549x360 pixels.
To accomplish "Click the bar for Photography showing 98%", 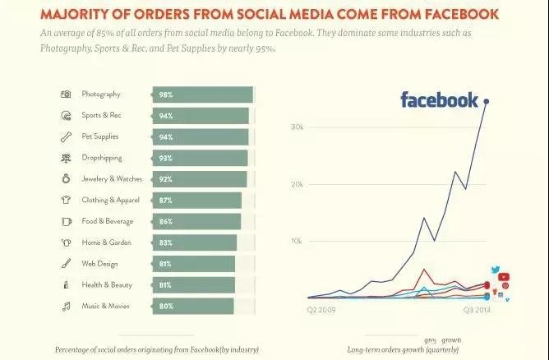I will [x=202, y=95].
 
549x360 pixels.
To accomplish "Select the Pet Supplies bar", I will [x=201, y=137].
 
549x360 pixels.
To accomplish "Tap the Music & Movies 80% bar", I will [x=193, y=307].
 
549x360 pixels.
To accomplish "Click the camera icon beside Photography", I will [x=66, y=95].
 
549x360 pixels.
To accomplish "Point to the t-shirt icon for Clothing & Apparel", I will [x=66, y=200].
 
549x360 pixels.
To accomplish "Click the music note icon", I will [x=66, y=307].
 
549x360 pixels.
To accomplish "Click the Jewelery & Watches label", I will [x=112, y=179].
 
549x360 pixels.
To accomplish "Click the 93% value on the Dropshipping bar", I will [x=166, y=158].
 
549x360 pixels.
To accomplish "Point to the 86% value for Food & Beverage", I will [x=166, y=222].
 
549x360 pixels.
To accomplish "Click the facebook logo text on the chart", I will [x=439, y=101].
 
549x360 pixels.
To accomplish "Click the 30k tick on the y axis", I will [x=298, y=127].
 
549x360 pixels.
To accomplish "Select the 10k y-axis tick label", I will [x=298, y=242].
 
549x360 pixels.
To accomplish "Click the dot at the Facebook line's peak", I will [x=487, y=101].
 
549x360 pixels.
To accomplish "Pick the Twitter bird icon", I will [x=496, y=270].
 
